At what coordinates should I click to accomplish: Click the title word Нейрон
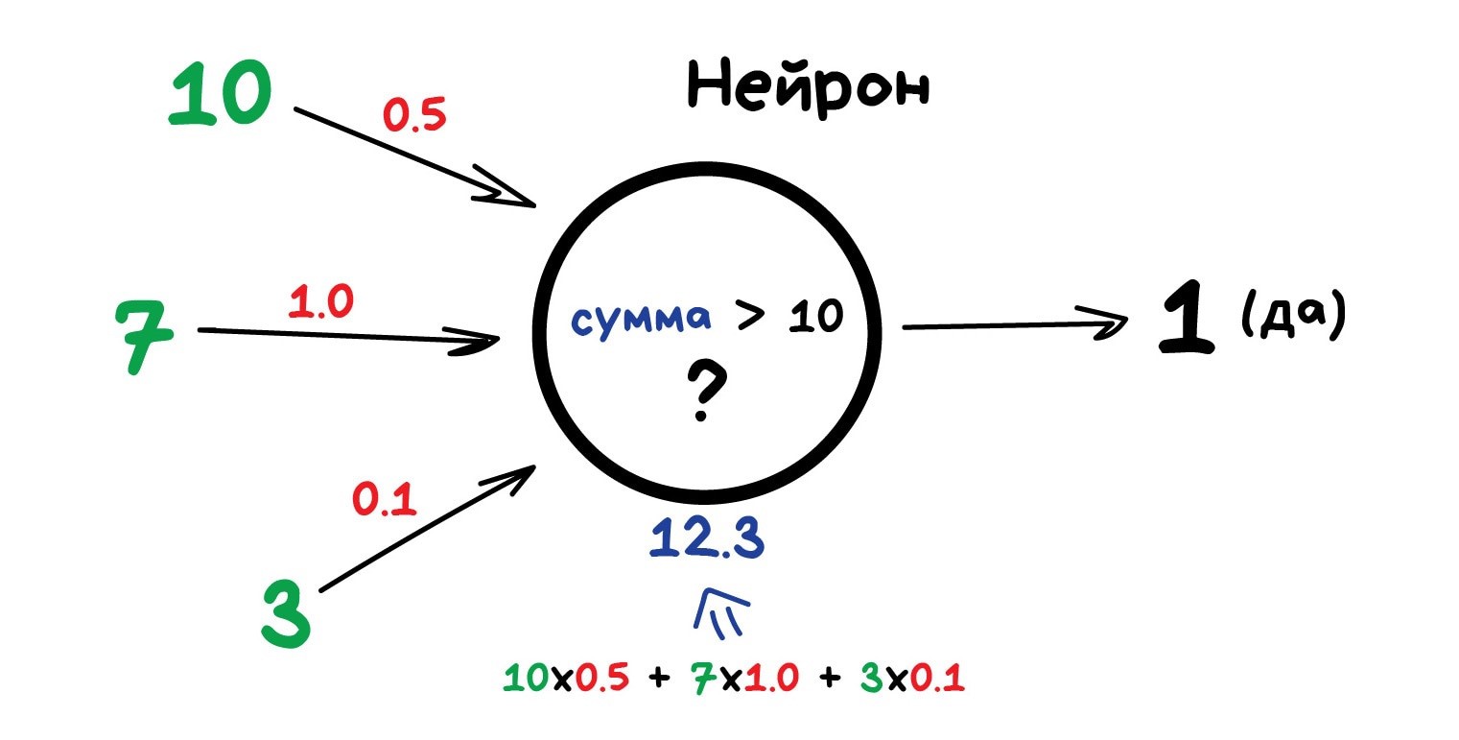(x=808, y=88)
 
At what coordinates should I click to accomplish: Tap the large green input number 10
(x=220, y=92)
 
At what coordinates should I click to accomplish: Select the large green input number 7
(x=144, y=337)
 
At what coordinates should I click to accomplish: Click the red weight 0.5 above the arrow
(x=414, y=115)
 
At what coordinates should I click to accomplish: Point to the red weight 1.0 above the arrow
(x=321, y=301)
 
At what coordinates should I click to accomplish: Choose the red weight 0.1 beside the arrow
(x=385, y=499)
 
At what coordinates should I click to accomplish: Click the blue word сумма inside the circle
(x=641, y=320)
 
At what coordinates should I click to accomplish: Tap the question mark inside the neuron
(x=705, y=393)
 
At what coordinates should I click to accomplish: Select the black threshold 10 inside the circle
(x=816, y=317)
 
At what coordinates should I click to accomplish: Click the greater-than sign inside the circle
(x=750, y=315)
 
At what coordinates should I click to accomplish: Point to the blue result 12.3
(x=707, y=537)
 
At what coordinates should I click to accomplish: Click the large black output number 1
(x=1187, y=318)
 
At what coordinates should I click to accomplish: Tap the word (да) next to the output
(x=1294, y=314)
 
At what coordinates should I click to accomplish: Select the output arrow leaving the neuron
(x=1015, y=324)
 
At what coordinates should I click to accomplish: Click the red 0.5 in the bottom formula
(x=601, y=678)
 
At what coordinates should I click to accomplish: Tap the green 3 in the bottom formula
(x=872, y=678)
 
